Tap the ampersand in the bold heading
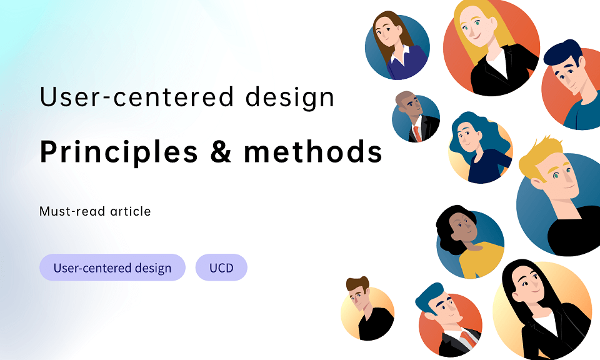pyautogui.click(x=221, y=152)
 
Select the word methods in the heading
pyautogui.click(x=313, y=152)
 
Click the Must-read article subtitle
pyautogui.click(x=95, y=211)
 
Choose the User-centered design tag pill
pyautogui.click(x=112, y=268)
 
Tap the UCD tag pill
pyautogui.click(x=221, y=268)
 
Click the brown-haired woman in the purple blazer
pyautogui.click(x=397, y=46)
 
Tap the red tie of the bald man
pyautogui.click(x=416, y=133)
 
